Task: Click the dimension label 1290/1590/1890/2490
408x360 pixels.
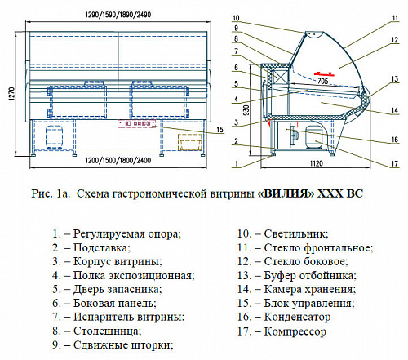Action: coord(118,15)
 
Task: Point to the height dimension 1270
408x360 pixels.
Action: coord(11,94)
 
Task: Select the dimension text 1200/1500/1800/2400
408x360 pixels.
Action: coord(118,160)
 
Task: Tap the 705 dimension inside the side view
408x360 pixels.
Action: coord(323,81)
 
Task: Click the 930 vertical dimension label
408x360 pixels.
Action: coord(246,110)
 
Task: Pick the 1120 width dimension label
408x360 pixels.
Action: coord(316,163)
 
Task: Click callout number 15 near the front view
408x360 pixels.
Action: coord(220,130)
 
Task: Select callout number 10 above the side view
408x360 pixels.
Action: coord(236,18)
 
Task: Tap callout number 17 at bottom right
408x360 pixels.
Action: coord(395,163)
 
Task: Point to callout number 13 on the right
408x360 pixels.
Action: coord(395,79)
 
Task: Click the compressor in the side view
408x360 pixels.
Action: coord(315,137)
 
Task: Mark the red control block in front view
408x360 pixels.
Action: coord(136,123)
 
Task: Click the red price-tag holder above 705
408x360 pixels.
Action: coord(324,73)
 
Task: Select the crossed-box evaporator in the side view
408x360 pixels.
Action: coord(280,75)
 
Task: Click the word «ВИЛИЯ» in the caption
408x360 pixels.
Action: coord(286,193)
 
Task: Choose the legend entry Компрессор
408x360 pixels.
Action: coord(295,331)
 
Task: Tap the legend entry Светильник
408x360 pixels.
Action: coord(296,233)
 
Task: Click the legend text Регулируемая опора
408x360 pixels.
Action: coord(127,234)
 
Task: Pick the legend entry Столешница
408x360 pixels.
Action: coord(108,331)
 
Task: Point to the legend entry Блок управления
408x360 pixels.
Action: coord(309,304)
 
